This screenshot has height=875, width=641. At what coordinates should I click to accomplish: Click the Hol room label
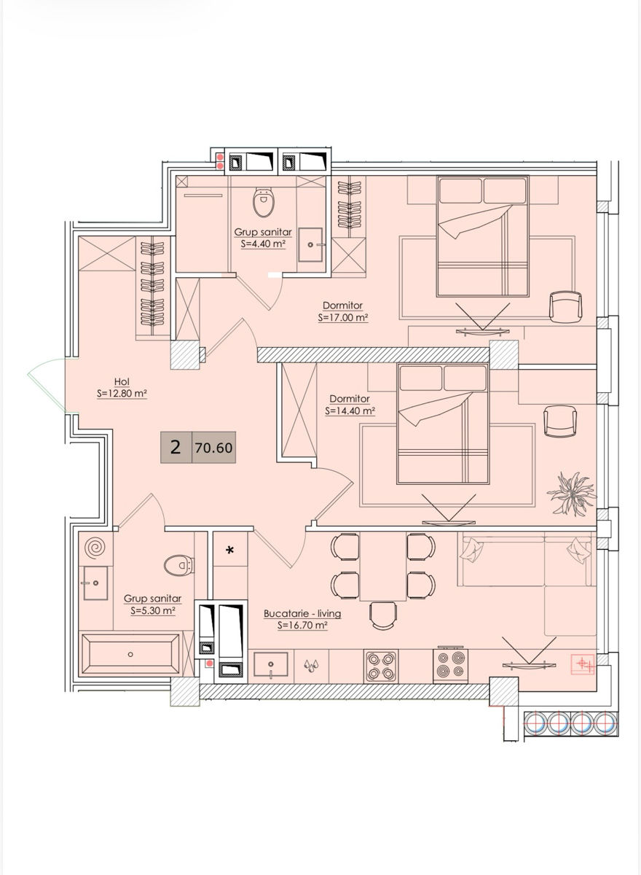[122, 381]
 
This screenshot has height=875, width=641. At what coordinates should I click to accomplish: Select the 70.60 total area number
[214, 448]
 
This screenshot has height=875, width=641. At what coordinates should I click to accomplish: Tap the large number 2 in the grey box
[176, 447]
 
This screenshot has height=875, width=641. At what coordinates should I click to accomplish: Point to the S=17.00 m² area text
[343, 318]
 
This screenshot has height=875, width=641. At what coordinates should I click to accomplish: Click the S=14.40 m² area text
[350, 411]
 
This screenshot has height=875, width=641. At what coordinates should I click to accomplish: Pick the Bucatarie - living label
[302, 613]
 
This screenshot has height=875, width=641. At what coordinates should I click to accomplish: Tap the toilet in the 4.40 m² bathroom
[264, 202]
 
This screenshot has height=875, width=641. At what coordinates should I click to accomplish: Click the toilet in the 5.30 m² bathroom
[179, 565]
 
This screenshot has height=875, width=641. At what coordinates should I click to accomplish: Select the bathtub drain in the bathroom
[130, 654]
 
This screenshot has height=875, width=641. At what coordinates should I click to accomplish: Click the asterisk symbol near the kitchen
[230, 551]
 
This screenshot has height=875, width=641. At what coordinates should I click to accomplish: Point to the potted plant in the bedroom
[573, 494]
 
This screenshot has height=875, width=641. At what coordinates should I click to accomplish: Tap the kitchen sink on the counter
[271, 664]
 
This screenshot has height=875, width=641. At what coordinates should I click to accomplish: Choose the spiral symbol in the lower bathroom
[95, 548]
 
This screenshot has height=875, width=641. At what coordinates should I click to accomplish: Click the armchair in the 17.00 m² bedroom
[565, 308]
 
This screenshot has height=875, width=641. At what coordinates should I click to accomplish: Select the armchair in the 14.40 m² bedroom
[560, 421]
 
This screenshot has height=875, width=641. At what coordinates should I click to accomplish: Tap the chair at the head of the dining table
[384, 615]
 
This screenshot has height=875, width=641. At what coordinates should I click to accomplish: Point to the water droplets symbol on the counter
[311, 665]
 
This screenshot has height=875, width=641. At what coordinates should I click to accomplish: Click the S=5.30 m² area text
[152, 610]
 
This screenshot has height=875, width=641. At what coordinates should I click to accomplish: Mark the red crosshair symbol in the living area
[583, 664]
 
